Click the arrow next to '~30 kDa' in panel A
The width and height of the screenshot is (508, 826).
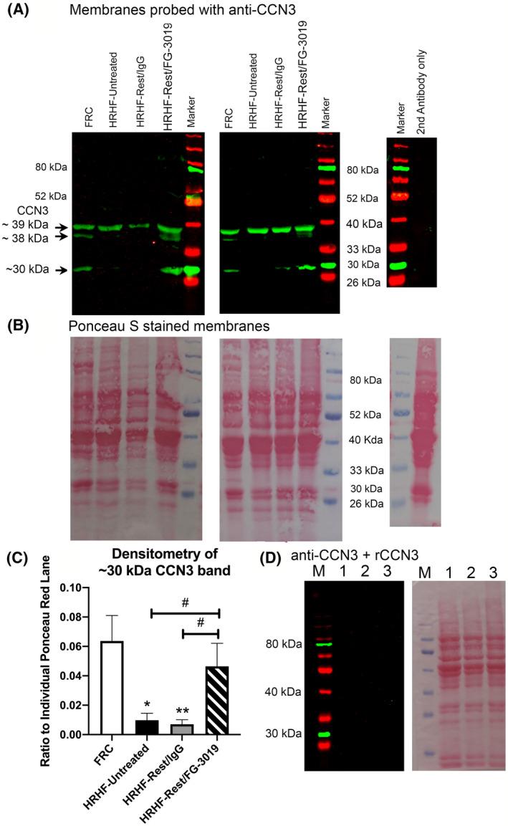pyautogui.click(x=63, y=271)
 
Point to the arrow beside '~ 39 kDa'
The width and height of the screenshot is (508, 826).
pyautogui.click(x=63, y=228)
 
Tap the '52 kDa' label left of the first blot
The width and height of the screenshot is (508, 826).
pyautogui.click(x=51, y=196)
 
